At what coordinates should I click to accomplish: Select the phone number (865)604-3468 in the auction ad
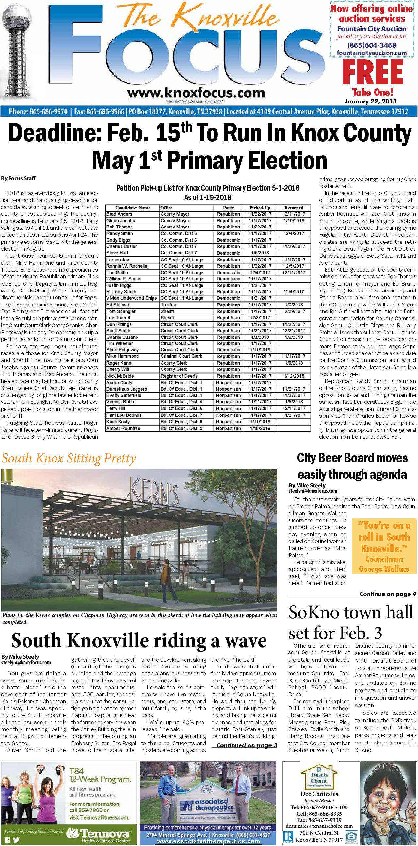pos(372,45)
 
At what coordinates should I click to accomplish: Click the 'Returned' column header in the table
pos(294,208)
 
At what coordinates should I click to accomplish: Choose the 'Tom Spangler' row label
pos(121,311)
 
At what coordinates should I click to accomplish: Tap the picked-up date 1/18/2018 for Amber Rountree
pos(260,428)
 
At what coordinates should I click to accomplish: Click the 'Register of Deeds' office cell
pos(179,376)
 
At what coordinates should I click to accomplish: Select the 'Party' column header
pos(228,208)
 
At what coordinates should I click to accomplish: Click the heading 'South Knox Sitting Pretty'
pos(69,458)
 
